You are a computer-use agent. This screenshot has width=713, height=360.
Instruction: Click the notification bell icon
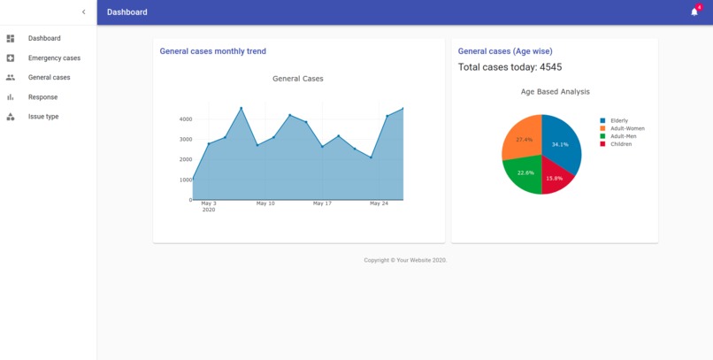(694, 12)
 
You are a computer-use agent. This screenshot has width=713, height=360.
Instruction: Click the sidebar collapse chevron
(84, 12)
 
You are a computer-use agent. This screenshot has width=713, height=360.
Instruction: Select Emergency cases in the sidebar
(54, 58)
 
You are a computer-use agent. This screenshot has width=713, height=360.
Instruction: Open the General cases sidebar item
(49, 78)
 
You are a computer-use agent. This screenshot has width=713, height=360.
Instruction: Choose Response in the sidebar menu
(42, 97)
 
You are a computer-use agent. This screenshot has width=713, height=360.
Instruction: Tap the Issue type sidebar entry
(43, 117)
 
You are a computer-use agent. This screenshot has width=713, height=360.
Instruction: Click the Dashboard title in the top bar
(127, 12)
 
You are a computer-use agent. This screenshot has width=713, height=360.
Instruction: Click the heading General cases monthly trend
(212, 51)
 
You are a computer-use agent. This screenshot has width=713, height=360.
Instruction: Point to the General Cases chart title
(298, 79)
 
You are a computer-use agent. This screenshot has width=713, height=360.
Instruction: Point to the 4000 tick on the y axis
(185, 119)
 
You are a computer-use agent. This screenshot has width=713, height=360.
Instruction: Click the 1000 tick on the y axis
(185, 180)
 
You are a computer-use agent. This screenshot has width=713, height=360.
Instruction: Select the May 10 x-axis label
(265, 203)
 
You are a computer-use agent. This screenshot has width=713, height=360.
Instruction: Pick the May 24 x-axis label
(379, 203)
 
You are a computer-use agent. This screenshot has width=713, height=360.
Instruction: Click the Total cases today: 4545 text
(510, 67)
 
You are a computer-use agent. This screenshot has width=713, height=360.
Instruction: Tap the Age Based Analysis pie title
(555, 92)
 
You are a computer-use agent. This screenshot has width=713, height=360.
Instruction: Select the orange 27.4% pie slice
(522, 138)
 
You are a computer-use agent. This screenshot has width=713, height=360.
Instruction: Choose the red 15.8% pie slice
(555, 178)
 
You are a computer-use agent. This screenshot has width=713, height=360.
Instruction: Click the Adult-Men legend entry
(624, 136)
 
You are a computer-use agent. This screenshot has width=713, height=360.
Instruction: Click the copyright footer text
(405, 260)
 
